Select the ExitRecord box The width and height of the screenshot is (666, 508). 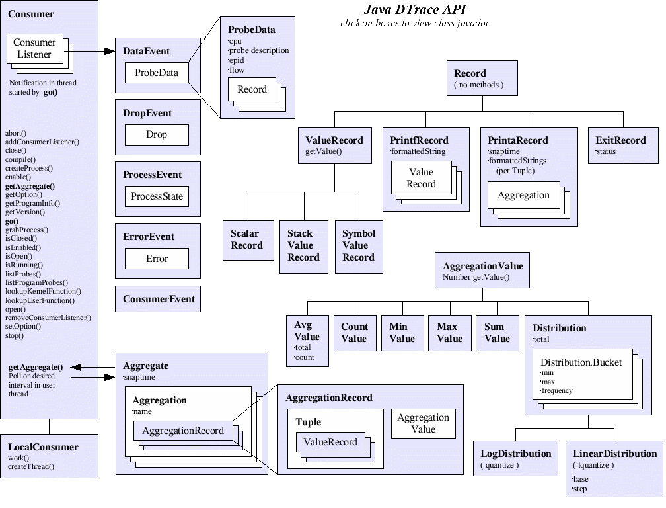[x=623, y=145]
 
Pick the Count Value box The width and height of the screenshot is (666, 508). [x=354, y=332]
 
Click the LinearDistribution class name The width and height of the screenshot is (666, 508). [x=614, y=454]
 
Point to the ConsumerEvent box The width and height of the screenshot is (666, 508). [x=158, y=299]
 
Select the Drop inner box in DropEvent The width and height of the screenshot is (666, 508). [x=157, y=134]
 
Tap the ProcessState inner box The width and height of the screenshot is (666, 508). [x=157, y=196]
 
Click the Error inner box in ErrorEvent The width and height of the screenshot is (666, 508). [x=157, y=259]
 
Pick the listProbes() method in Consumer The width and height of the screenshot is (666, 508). [x=22, y=273]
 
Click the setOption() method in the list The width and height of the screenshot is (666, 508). [x=22, y=326]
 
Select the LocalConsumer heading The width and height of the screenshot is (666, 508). [x=43, y=447]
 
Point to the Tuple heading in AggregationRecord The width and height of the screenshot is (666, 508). [x=309, y=422]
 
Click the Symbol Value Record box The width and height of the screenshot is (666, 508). [x=359, y=245]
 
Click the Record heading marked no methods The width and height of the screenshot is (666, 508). [x=470, y=73]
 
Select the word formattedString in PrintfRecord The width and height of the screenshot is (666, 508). [x=418, y=151]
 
